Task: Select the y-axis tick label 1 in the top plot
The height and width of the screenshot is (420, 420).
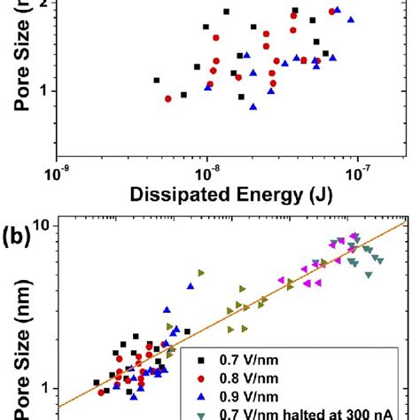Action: (41, 90)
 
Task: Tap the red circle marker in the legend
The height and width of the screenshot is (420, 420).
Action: (203, 379)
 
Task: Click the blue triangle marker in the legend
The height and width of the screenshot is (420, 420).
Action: (203, 397)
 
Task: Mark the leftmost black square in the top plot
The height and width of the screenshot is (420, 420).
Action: (157, 81)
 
